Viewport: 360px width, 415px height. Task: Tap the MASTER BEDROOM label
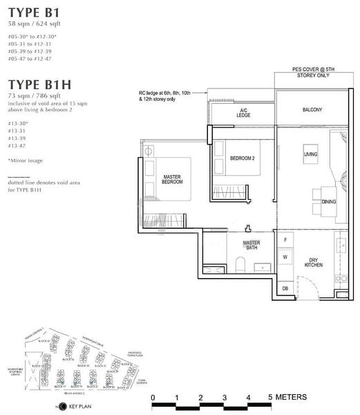172,180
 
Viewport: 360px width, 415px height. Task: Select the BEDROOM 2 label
243,158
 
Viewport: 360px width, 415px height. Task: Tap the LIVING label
311,154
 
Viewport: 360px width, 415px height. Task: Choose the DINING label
329,202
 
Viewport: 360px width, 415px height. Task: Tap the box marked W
285,257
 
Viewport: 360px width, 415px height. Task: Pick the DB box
285,288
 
